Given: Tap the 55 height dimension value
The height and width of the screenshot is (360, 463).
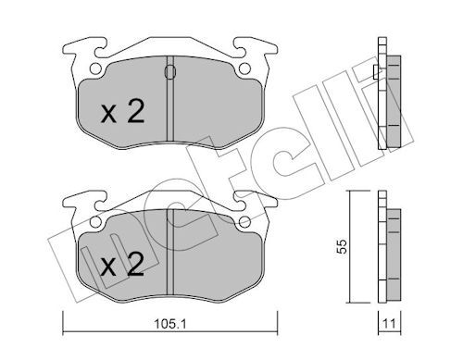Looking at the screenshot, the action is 342,246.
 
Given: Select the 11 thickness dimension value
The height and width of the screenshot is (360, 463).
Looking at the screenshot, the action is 389,324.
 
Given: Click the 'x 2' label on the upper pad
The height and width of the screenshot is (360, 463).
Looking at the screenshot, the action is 123,112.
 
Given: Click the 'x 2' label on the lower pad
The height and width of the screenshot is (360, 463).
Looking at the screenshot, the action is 123,265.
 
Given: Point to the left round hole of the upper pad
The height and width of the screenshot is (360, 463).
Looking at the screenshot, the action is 95,68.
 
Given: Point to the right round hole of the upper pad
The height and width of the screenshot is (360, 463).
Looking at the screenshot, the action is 244,68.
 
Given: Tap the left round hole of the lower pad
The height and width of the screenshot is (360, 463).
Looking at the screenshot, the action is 95,221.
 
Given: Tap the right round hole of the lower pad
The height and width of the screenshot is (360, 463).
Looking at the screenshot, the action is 244,221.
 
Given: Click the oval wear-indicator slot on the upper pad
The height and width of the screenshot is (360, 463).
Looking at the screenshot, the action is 170,72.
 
